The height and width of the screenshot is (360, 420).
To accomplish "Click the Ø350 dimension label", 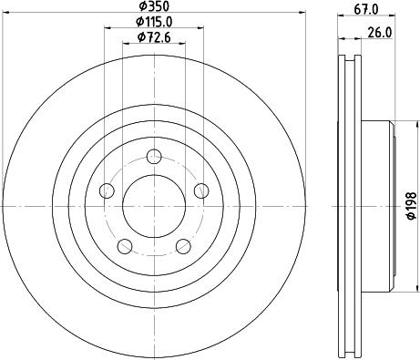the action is pyautogui.click(x=154, y=5).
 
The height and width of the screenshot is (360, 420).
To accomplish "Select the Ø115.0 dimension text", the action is pyautogui.click(x=154, y=21).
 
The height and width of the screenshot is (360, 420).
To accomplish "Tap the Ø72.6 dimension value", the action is pyautogui.click(x=154, y=37).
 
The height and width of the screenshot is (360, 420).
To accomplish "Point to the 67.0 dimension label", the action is pyautogui.click(x=366, y=9).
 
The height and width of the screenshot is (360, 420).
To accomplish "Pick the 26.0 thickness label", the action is pyautogui.click(x=380, y=32).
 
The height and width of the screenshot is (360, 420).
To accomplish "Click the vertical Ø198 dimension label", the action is pyautogui.click(x=411, y=206).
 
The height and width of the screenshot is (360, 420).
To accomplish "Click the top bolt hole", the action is pyautogui.click(x=154, y=157).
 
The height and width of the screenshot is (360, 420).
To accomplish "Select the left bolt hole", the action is pyautogui.click(x=107, y=190).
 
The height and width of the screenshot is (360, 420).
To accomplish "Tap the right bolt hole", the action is pyautogui.click(x=201, y=190).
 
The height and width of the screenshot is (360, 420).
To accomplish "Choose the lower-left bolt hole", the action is pyautogui.click(x=125, y=246).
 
